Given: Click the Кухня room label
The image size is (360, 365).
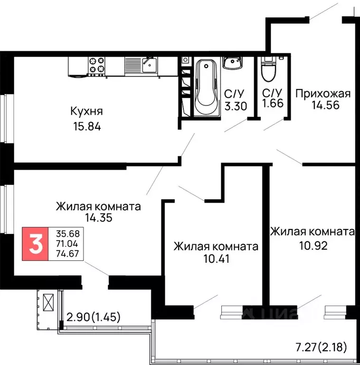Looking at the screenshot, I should pyautogui.click(x=86, y=112).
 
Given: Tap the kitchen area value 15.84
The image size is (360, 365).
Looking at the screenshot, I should pyautogui.click(x=86, y=127).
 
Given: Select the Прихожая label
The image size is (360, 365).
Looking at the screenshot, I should pyautogui.click(x=323, y=93).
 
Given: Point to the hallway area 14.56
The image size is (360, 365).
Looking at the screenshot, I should pyautogui.click(x=325, y=106).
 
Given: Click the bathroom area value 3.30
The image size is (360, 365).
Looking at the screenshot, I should pyautogui.click(x=236, y=106).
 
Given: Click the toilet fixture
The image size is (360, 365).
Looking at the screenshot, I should pyautogui.click(x=268, y=68).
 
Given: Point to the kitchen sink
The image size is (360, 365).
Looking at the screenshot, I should pyautogui.click(x=149, y=64).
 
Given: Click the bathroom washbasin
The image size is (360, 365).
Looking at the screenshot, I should pyautogui.click(x=233, y=62).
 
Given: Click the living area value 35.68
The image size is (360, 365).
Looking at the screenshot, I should pyautogui.click(x=68, y=234).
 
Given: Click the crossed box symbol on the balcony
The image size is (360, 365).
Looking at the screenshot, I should pyautogui.click(x=48, y=302).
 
